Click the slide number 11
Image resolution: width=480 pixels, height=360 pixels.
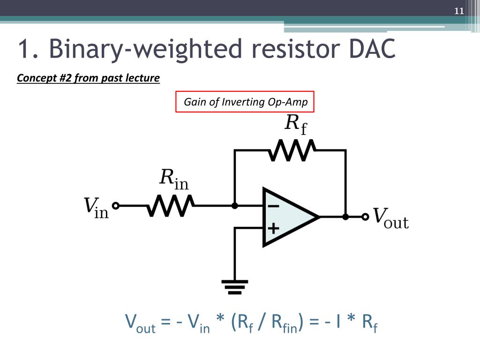point(458,11)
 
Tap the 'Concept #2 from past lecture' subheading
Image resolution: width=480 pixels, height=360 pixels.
point(88,78)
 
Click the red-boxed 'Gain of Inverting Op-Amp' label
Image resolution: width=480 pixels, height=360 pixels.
point(245,102)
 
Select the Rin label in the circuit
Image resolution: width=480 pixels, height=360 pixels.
point(174,179)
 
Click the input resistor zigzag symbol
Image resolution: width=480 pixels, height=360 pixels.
point(170,205)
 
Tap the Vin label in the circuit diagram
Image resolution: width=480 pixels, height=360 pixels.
point(96,208)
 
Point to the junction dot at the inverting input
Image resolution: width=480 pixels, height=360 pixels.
point(235,205)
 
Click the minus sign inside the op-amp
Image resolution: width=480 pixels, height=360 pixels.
point(273,206)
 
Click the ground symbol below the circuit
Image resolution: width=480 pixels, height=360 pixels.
point(235,286)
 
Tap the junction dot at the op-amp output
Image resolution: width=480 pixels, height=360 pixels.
point(345,217)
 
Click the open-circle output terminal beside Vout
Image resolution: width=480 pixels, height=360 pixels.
point(365,217)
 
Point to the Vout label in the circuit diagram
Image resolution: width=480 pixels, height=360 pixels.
point(390,218)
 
